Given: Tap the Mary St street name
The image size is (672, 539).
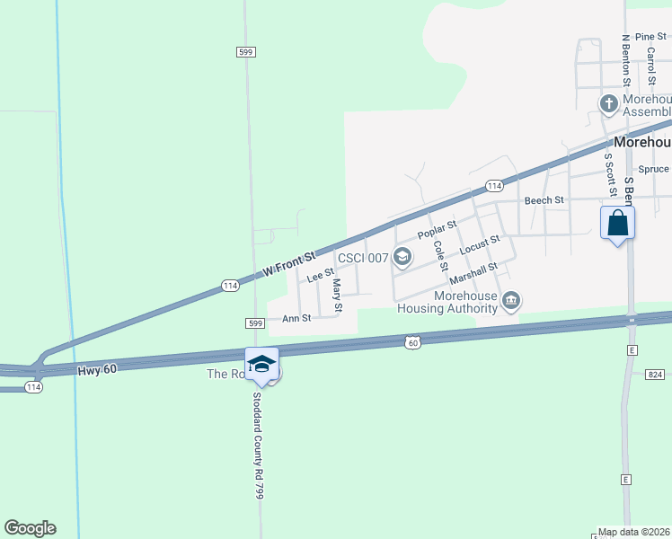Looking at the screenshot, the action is [338, 296].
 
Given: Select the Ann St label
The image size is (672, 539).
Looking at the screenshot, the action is [296, 318].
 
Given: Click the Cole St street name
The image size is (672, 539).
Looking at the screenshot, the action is [440, 257].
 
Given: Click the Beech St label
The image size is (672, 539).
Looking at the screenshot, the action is [544, 199].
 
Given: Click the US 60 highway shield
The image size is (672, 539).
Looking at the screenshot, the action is [412, 342].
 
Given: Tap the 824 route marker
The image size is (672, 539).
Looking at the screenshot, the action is [655, 373].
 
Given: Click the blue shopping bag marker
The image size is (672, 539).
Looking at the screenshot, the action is [617, 222].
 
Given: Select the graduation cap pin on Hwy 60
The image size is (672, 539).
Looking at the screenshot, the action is [262, 363].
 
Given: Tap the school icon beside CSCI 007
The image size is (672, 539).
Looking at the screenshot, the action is [402, 258].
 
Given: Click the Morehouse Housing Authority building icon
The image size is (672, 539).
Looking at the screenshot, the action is [511, 300].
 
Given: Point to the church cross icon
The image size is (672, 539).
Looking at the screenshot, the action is [608, 104].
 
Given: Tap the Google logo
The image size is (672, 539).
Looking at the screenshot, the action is [30, 528].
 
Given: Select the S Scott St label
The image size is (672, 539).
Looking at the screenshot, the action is [607, 175].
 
